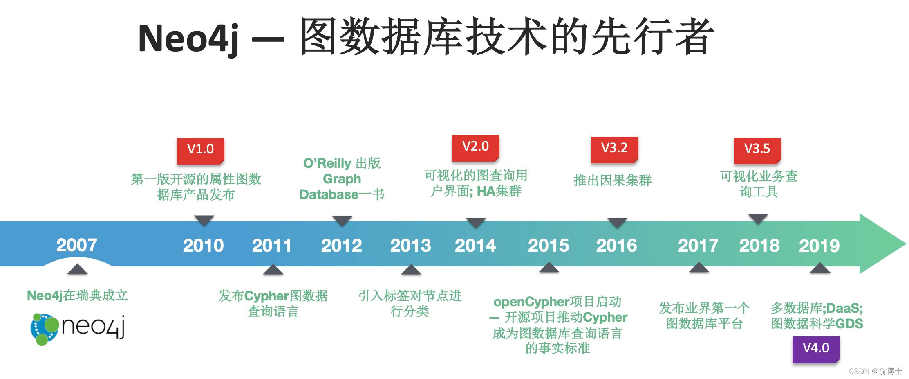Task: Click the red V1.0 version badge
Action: click(x=200, y=151)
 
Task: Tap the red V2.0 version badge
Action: click(x=475, y=148)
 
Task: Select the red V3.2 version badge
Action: click(x=614, y=150)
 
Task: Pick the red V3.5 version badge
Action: click(x=757, y=151)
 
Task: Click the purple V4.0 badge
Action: click(x=816, y=350)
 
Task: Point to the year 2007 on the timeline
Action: click(x=77, y=245)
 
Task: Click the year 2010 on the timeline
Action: click(x=204, y=246)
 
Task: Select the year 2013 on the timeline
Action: click(x=411, y=246)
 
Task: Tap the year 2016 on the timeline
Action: click(x=617, y=246)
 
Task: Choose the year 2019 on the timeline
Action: click(x=819, y=246)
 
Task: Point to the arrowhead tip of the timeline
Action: click(x=906, y=244)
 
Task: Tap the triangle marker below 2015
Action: click(x=549, y=268)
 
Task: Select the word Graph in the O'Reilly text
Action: click(x=342, y=179)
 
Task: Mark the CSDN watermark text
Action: click(x=875, y=371)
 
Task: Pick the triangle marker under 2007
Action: click(x=77, y=269)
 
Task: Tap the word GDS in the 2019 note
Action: click(x=849, y=324)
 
